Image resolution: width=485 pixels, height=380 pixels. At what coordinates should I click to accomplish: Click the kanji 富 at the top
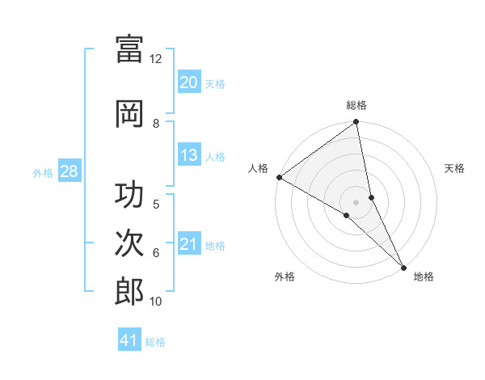(x=129, y=49)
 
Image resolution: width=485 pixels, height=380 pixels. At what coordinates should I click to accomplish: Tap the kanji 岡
(x=129, y=113)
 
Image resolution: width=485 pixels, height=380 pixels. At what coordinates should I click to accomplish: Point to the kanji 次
(x=129, y=245)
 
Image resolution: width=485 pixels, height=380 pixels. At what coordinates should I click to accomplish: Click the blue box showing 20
(x=188, y=82)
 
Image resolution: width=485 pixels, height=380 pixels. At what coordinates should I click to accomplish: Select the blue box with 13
(x=188, y=155)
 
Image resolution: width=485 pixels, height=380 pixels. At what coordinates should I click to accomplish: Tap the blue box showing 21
(x=188, y=244)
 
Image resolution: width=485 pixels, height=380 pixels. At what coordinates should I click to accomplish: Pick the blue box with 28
(x=69, y=171)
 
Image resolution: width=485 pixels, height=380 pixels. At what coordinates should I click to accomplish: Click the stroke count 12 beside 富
(x=156, y=59)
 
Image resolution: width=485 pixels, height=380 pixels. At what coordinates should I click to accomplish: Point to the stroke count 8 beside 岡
(x=156, y=124)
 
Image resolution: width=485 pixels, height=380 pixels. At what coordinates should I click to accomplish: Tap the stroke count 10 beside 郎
(x=156, y=302)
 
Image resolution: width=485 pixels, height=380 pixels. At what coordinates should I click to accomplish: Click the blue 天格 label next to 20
(x=215, y=83)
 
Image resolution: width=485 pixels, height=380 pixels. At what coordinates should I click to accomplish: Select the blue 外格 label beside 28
(x=43, y=172)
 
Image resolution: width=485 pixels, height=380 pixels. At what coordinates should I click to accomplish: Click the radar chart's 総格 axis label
(x=356, y=105)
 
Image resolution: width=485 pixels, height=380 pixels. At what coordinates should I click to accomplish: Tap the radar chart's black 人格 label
(x=259, y=168)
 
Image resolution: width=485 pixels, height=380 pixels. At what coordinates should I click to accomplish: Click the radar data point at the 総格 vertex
(x=356, y=123)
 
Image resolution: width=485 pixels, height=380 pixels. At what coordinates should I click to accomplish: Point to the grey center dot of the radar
(x=356, y=201)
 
